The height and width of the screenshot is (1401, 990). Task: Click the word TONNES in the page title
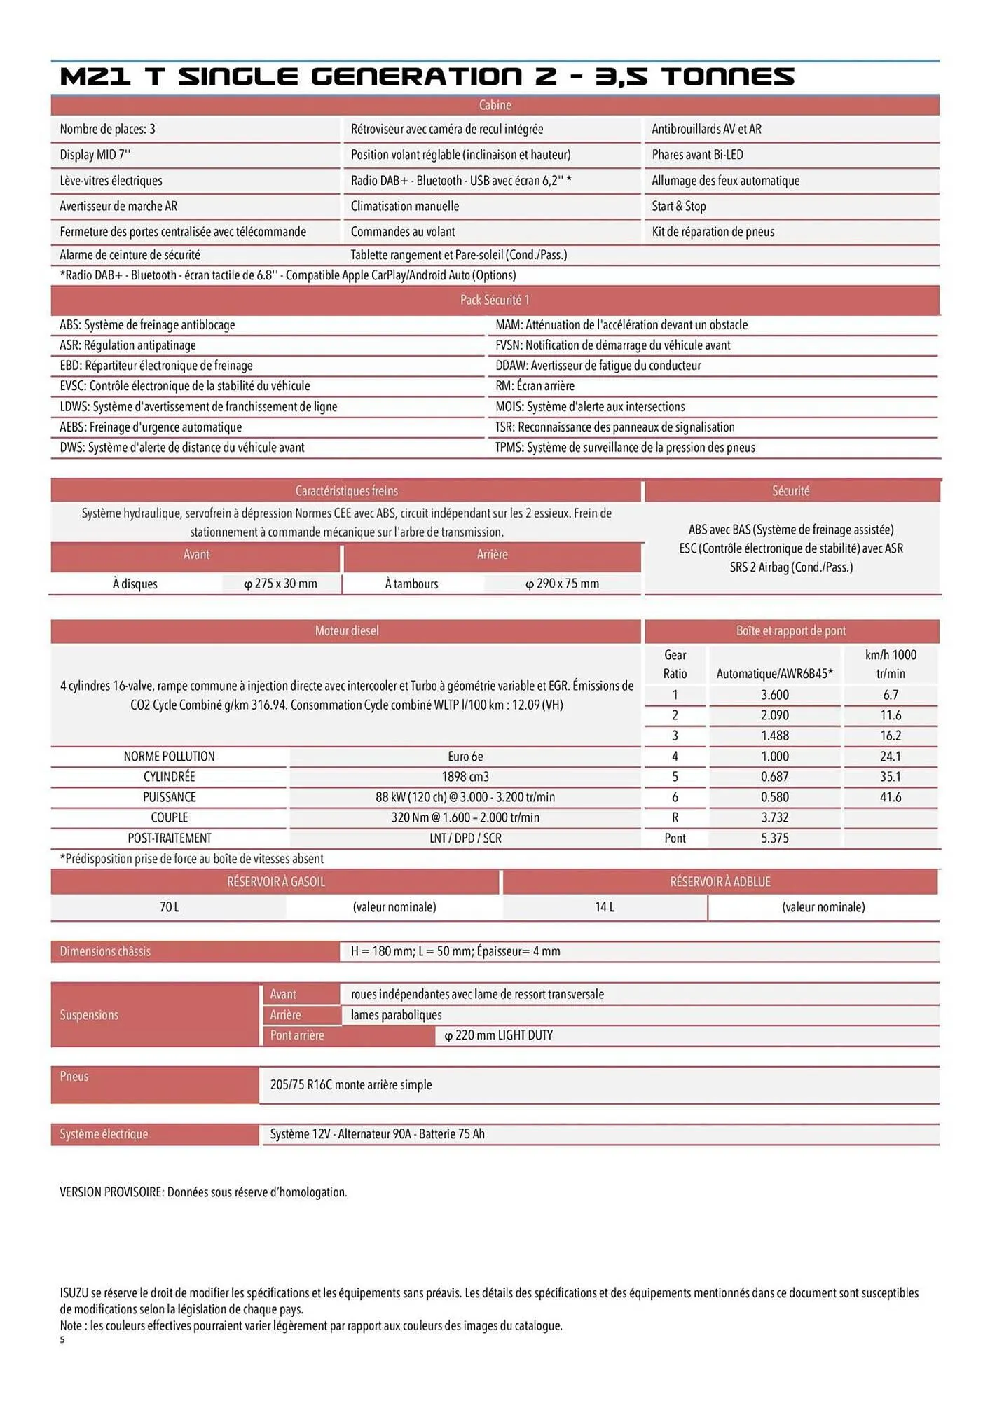(x=728, y=76)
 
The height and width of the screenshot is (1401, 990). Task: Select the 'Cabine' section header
(x=495, y=105)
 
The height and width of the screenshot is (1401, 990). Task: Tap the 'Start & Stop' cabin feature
(x=678, y=206)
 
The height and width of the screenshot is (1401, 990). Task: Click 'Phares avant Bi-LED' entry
(x=697, y=155)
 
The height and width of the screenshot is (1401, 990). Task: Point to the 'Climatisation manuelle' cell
(x=405, y=206)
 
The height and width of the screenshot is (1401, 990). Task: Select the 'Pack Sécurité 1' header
(x=495, y=300)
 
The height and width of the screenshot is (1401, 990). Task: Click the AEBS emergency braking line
(x=151, y=427)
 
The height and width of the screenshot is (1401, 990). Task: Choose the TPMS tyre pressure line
(x=625, y=448)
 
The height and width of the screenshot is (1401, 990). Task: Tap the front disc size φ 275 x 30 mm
(x=280, y=584)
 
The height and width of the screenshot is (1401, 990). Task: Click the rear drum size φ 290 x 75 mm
(x=562, y=584)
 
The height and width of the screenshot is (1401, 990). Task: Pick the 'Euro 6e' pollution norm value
(x=465, y=757)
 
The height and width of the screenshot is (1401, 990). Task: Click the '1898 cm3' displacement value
(x=465, y=777)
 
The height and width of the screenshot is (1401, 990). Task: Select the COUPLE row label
(x=170, y=817)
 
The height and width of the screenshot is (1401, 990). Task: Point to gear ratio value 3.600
(x=774, y=695)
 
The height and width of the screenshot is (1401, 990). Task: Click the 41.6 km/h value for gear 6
(x=890, y=797)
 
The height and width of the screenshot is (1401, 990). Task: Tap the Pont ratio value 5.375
(x=774, y=838)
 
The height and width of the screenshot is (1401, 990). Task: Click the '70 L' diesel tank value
(x=170, y=907)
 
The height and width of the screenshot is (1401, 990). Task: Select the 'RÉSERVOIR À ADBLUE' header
(x=720, y=882)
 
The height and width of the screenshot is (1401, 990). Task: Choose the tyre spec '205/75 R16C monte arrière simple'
(x=351, y=1085)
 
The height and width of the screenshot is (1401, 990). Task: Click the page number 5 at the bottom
(x=62, y=1340)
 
